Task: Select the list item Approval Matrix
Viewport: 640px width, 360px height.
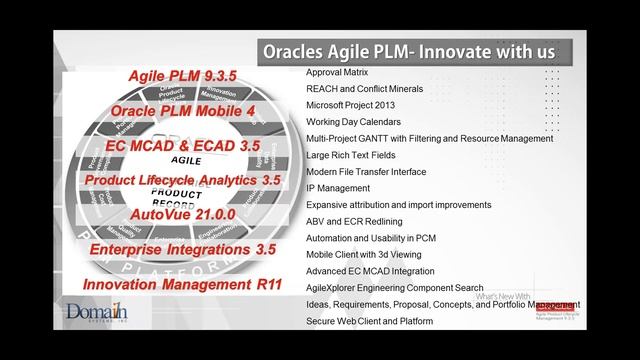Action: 338,73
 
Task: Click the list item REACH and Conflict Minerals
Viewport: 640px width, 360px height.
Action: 366,89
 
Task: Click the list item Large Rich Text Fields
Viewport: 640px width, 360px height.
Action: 351,155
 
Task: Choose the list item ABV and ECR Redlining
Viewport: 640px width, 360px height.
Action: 355,221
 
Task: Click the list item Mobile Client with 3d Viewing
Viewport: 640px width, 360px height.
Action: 368,254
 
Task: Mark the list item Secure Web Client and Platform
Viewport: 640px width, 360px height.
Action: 370,321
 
